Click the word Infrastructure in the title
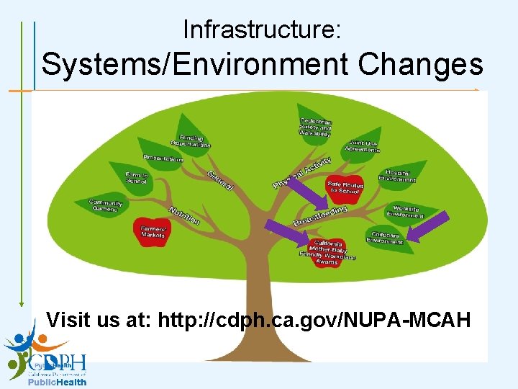(262, 30)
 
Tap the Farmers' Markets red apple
(153, 231)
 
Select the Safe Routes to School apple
(345, 189)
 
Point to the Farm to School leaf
(135, 176)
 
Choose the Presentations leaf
(163, 157)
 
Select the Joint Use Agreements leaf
(363, 146)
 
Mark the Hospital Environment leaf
(399, 175)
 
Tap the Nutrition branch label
(184, 215)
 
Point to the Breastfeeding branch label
(320, 215)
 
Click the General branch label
(220, 180)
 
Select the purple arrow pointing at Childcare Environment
(429, 225)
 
